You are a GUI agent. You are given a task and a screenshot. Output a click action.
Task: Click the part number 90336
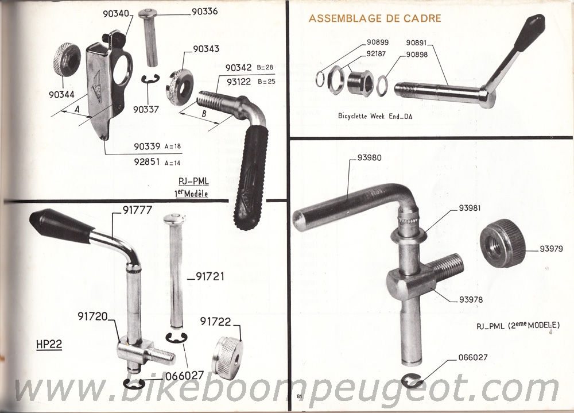[205, 11]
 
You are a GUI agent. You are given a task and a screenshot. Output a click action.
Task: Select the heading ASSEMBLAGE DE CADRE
[375, 18]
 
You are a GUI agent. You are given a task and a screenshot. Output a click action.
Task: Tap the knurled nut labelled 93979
[503, 244]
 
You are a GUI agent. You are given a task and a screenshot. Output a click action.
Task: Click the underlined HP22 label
[49, 345]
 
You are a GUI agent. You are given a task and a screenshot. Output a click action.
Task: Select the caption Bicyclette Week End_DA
[375, 116]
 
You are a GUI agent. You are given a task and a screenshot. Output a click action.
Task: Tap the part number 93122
[239, 82]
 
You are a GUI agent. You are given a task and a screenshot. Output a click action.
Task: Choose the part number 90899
[378, 42]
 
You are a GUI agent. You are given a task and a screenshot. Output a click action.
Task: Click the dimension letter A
[77, 109]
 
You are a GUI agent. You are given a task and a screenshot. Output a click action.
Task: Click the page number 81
[299, 396]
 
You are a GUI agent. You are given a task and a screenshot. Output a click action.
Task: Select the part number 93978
[471, 300]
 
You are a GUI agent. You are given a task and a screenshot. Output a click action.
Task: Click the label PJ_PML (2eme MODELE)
[518, 325]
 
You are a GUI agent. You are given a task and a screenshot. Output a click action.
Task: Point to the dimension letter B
[204, 114]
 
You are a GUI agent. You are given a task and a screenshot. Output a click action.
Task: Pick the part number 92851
[147, 161]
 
